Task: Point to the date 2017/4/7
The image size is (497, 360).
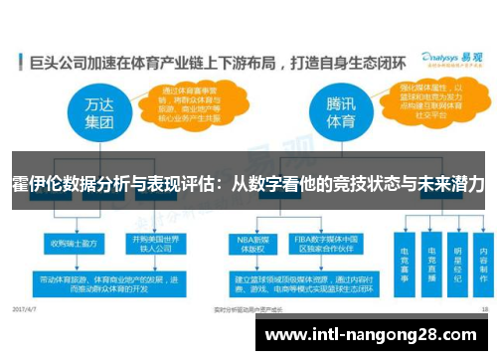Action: [x=28, y=310]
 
